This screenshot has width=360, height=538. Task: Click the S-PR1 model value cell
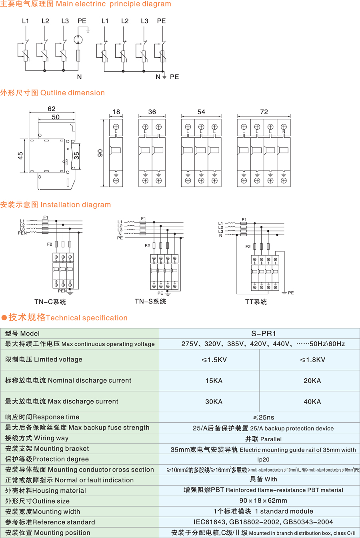pyautogui.click(x=259, y=333)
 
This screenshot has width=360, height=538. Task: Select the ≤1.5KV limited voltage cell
pyautogui.click(x=214, y=359)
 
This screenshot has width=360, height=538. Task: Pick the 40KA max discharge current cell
pyautogui.click(x=312, y=401)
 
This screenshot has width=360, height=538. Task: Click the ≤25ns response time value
pyautogui.click(x=259, y=417)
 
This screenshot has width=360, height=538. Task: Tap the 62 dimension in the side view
pyautogui.click(x=51, y=108)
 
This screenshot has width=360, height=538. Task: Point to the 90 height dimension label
pyautogui.click(x=100, y=153)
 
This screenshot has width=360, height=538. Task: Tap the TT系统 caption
pyautogui.click(x=256, y=302)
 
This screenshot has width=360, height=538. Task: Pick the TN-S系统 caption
pyautogui.click(x=150, y=301)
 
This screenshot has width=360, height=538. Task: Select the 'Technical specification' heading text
pyautogui.click(x=87, y=318)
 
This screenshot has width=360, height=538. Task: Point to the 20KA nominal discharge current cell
pyautogui.click(x=312, y=380)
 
